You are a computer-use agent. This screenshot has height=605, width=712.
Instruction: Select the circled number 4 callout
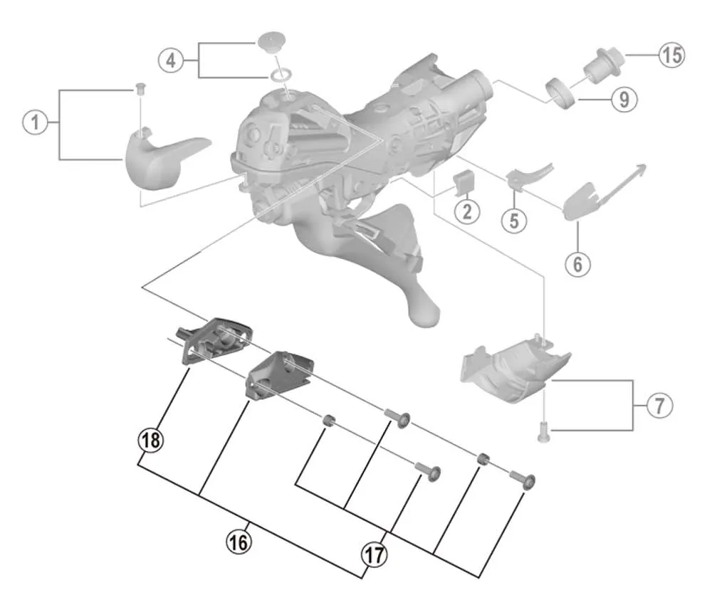[x=170, y=60]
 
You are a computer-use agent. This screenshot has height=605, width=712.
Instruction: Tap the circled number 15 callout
[x=670, y=54]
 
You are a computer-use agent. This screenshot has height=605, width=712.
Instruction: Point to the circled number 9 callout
[x=624, y=99]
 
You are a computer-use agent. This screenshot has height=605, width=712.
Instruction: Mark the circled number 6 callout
[x=577, y=263]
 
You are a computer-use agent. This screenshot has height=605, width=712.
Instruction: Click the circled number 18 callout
[x=150, y=441]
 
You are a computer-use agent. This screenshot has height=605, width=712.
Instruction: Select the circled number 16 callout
[x=239, y=542]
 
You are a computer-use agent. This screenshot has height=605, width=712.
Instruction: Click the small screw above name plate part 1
[x=140, y=88]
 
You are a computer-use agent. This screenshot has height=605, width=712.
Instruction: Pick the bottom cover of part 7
[x=513, y=370]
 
